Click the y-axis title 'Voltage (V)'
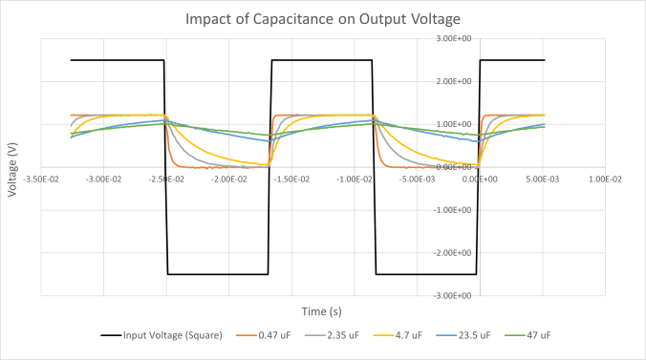tap(12, 166)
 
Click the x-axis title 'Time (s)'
tap(322, 311)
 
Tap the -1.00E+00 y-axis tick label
tap(453, 210)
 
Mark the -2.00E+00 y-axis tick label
tap(453, 253)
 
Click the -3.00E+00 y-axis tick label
tap(453, 296)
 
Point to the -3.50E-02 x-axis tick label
tap(40, 179)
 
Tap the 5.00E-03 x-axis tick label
tap(542, 179)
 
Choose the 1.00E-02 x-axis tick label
tap(604, 179)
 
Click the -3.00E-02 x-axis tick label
tap(103, 179)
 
